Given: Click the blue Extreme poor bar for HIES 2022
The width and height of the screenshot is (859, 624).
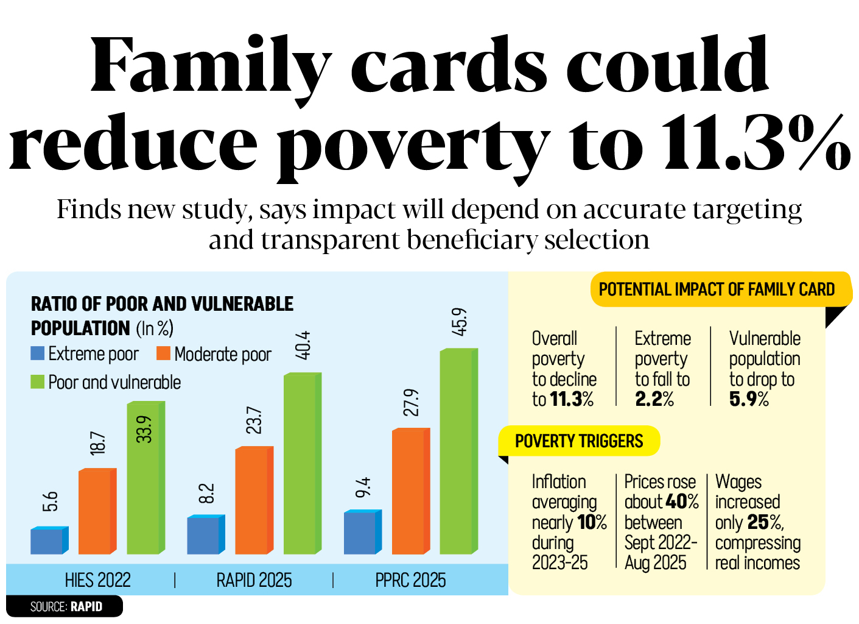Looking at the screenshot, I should pyautogui.click(x=47, y=541).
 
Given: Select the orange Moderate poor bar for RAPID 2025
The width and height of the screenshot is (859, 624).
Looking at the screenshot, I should pyautogui.click(x=251, y=501).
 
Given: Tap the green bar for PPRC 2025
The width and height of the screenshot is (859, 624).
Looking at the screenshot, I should pyautogui.click(x=456, y=452).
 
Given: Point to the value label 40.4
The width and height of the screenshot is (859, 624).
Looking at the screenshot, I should pyautogui.click(x=303, y=345).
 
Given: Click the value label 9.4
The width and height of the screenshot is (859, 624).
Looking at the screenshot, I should pyautogui.click(x=363, y=487).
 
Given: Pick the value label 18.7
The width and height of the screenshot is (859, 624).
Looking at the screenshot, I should pyautogui.click(x=98, y=443).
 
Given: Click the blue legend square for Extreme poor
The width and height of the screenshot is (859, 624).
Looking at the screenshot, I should pyautogui.click(x=38, y=353).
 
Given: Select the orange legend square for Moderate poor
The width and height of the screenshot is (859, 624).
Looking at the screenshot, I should pyautogui.click(x=163, y=353).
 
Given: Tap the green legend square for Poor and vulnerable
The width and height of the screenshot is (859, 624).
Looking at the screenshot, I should pyautogui.click(x=38, y=382).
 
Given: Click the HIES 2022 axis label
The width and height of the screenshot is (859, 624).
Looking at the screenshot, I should pyautogui.click(x=98, y=580).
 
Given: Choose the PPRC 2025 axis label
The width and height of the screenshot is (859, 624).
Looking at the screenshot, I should pyautogui.click(x=410, y=580).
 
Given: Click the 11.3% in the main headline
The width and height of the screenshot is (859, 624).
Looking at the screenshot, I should pyautogui.click(x=755, y=143).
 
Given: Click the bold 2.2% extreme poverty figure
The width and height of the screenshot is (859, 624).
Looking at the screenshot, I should pyautogui.click(x=654, y=399).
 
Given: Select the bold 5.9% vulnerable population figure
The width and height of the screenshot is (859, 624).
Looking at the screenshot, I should pyautogui.click(x=749, y=399).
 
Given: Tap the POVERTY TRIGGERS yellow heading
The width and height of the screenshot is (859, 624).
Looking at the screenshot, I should pyautogui.click(x=579, y=441).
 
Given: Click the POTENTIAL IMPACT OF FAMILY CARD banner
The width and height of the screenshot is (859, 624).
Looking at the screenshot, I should pyautogui.click(x=717, y=289).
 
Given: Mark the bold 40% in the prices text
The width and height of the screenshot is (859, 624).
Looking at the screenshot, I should pyautogui.click(x=682, y=502).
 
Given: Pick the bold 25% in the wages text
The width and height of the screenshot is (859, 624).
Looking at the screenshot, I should pyautogui.click(x=765, y=522).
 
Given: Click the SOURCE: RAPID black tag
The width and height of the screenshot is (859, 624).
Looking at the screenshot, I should pyautogui.click(x=66, y=607).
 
